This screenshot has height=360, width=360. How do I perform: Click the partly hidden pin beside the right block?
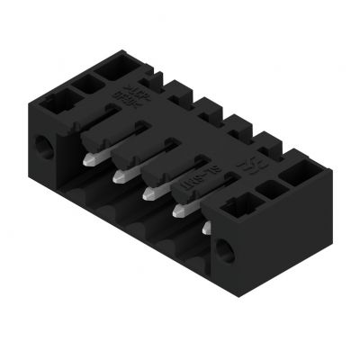(x=206, y=229)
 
